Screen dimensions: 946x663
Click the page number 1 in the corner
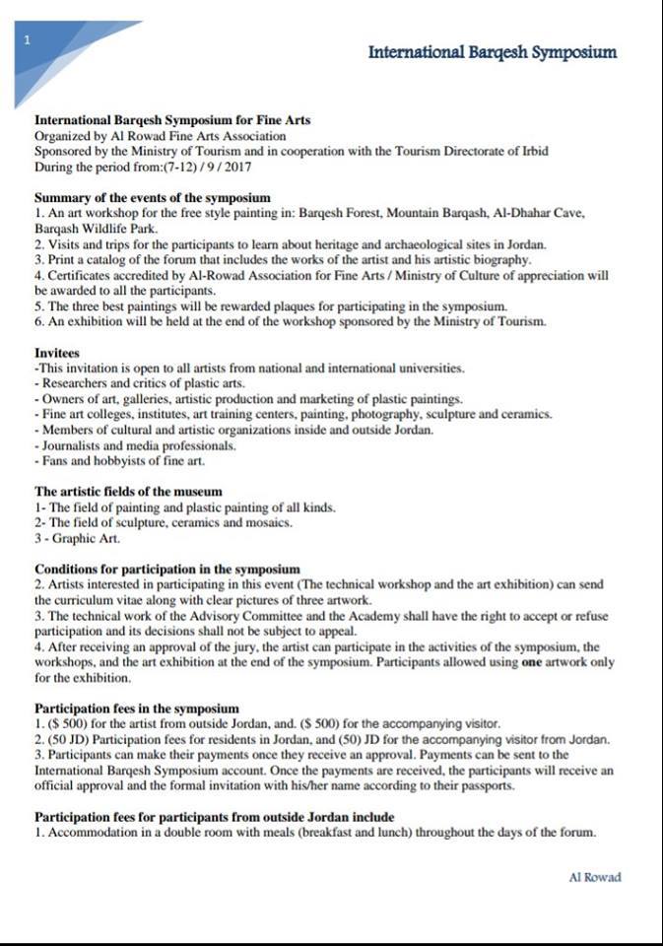click(x=28, y=39)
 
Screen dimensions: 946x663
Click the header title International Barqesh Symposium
click(x=493, y=52)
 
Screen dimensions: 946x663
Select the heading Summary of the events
click(x=152, y=197)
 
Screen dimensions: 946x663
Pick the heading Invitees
click(x=57, y=352)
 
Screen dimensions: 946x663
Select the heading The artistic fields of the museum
click(x=128, y=491)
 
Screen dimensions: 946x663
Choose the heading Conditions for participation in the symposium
click(x=166, y=569)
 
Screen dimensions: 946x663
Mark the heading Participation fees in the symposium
click(x=137, y=708)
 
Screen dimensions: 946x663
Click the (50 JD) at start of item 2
click(x=70, y=739)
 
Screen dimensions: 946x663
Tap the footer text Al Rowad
click(x=595, y=877)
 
